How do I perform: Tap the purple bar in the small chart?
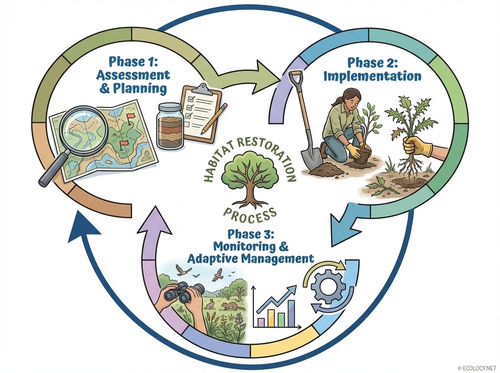tap(261, 321)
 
